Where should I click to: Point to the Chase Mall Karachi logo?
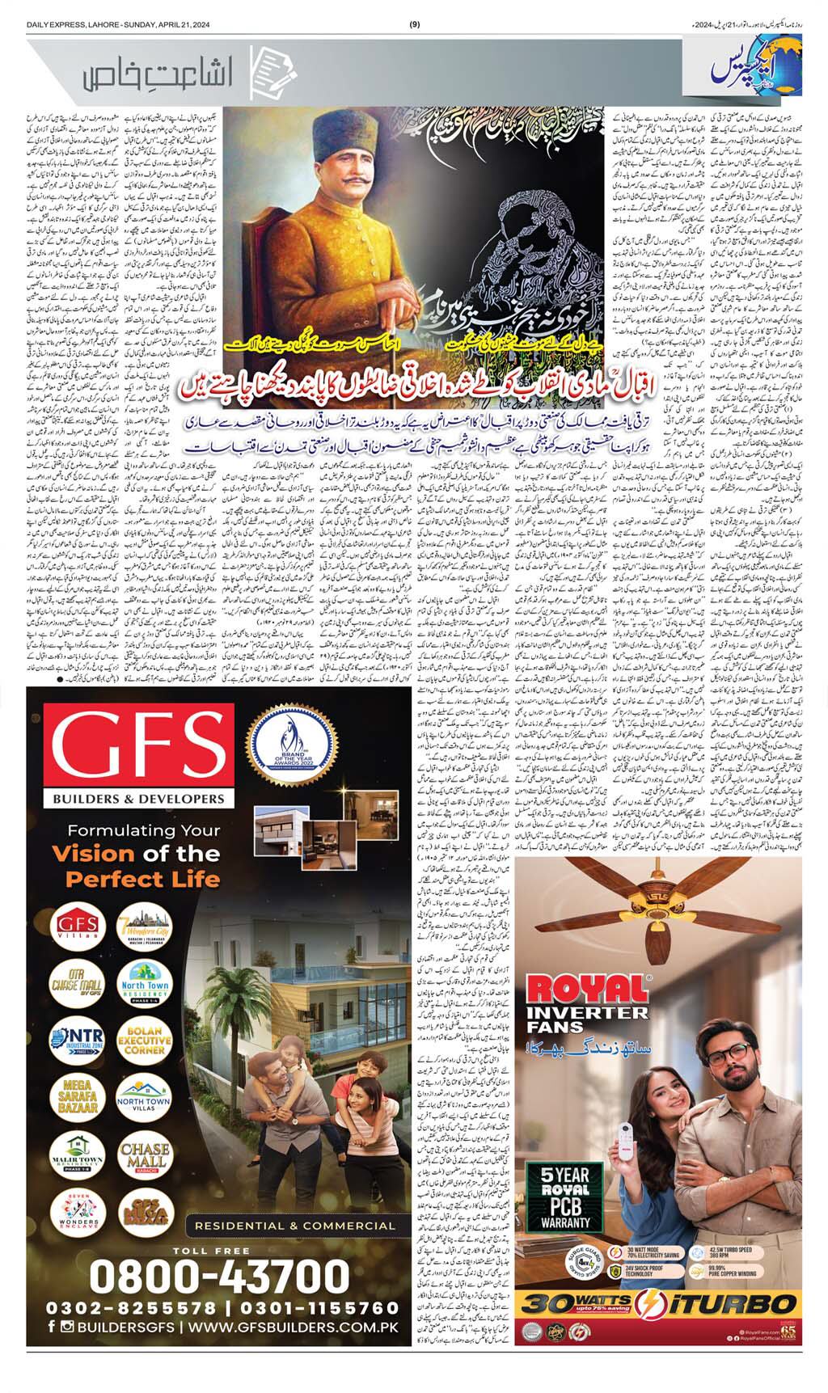coord(143,1159)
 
